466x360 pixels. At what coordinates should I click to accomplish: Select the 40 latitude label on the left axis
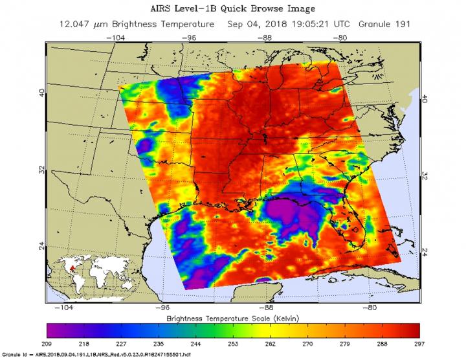coord(42,93)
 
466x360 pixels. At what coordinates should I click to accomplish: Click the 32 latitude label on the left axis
coord(42,170)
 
